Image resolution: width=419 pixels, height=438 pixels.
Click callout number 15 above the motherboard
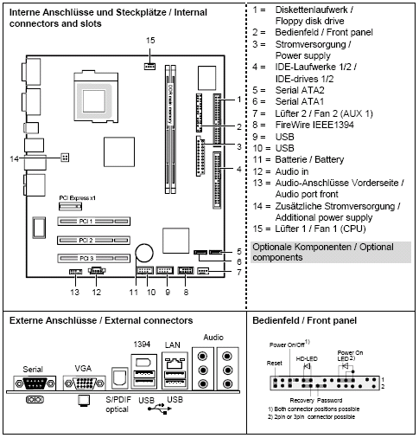[x=150, y=41]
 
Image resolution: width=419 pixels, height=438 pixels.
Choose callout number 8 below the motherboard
[x=184, y=293]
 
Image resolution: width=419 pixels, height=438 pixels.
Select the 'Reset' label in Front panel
[x=276, y=364]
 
